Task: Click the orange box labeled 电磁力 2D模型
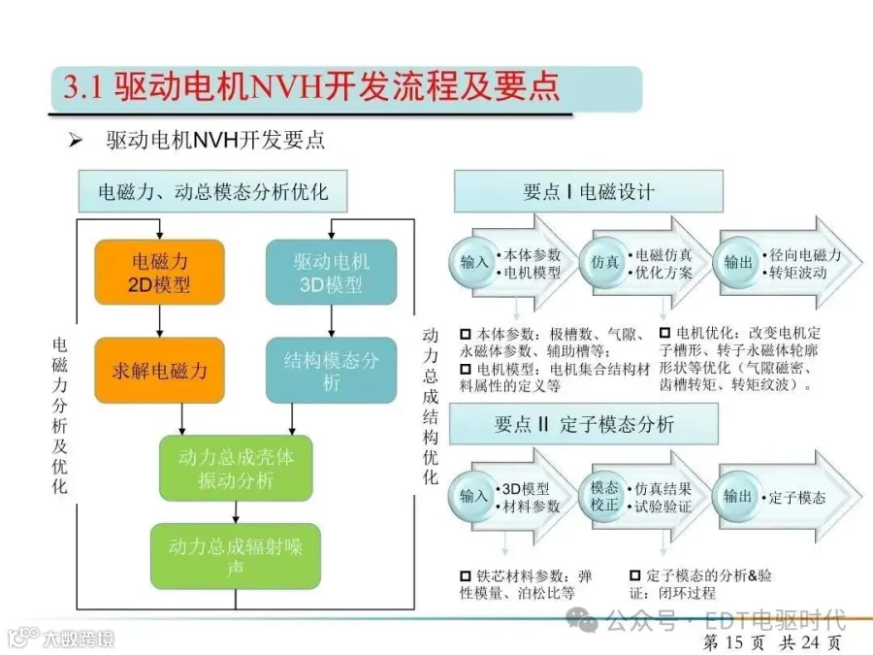click(160, 273)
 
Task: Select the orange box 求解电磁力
click(160, 370)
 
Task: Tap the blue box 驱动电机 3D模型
click(332, 273)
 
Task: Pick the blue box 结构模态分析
click(332, 370)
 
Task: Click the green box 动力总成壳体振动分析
click(236, 468)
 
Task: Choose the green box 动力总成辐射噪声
click(236, 556)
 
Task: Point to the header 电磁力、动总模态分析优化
click(212, 191)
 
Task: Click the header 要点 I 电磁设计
click(589, 191)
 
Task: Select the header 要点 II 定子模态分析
click(584, 424)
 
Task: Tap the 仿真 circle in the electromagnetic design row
click(604, 262)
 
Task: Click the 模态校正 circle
click(604, 496)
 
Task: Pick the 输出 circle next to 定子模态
click(737, 496)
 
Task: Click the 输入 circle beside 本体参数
click(473, 262)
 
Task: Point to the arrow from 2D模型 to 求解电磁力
click(160, 321)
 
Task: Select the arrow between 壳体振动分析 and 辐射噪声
click(236, 511)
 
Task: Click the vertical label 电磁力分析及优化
click(59, 415)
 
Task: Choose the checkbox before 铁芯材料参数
click(466, 575)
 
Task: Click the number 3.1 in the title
click(83, 87)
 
